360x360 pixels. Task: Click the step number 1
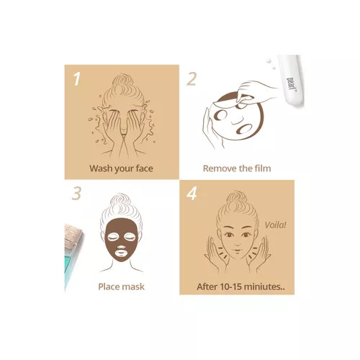tap(76, 78)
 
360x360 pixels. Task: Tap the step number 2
tap(192, 78)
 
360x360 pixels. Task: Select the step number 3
tap(76, 194)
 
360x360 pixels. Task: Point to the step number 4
tap(192, 194)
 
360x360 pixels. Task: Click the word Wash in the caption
tap(101, 168)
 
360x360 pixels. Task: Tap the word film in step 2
tap(263, 168)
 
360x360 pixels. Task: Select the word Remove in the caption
tap(219, 168)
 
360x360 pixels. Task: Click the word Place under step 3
tap(108, 287)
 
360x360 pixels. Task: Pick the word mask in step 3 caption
tap(132, 287)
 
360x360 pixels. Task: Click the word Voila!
tap(276, 225)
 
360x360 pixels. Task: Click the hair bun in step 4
tap(237, 198)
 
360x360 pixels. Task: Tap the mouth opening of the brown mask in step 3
tap(121, 253)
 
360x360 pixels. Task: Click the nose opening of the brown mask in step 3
tap(121, 247)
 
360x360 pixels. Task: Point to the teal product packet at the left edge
tap(72, 257)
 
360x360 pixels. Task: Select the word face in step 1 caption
tap(144, 168)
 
